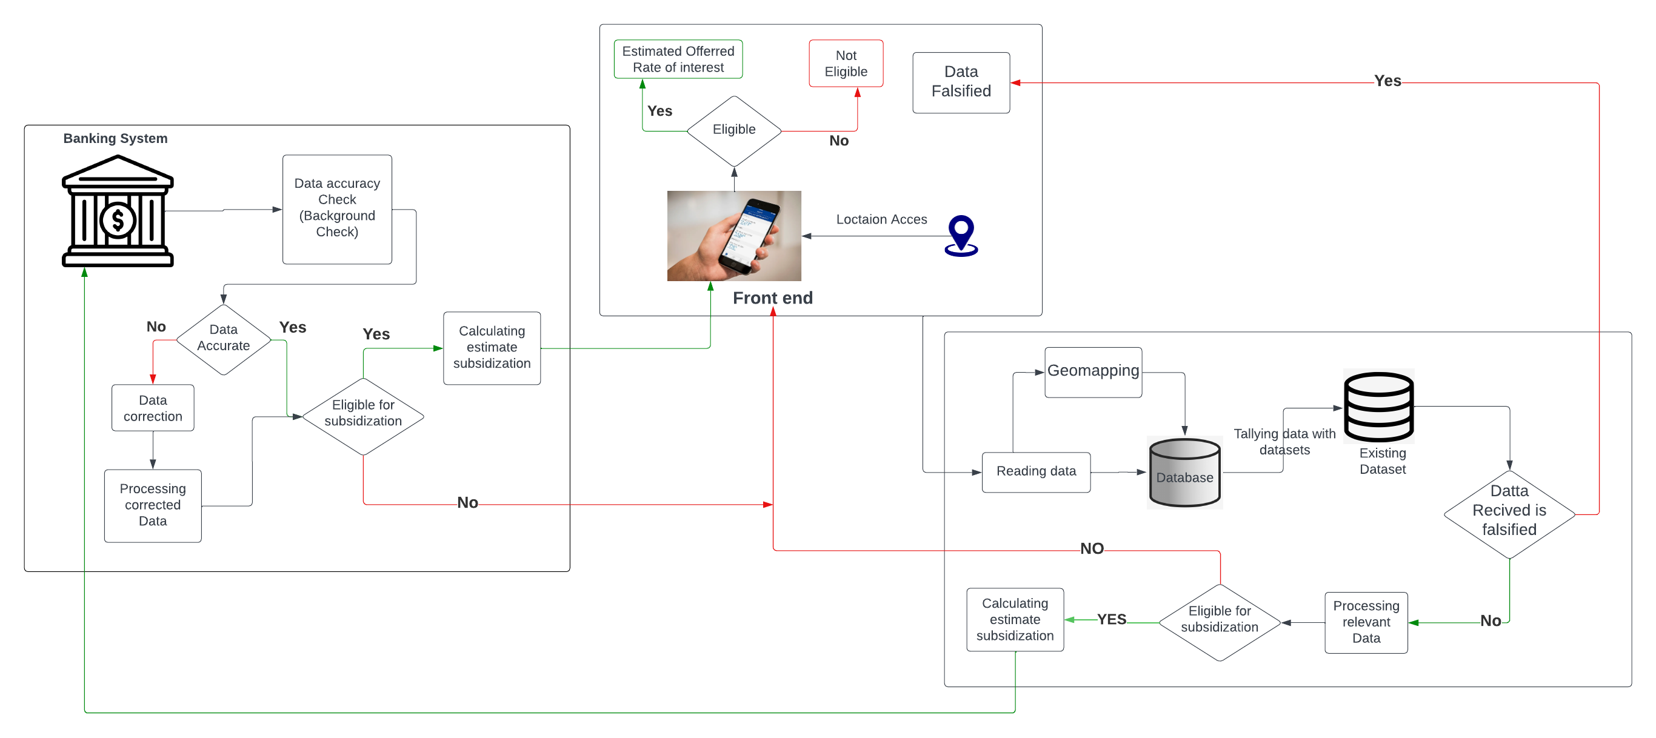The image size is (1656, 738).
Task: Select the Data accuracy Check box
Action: [337, 209]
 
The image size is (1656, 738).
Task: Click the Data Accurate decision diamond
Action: [223, 339]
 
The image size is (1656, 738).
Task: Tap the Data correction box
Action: [152, 408]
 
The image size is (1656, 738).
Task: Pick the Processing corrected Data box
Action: [152, 505]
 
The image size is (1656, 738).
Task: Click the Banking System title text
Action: [115, 138]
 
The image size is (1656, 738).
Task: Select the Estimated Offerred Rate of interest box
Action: [678, 59]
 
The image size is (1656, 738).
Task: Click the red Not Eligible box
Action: [846, 64]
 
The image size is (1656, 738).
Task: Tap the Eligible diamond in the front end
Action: [733, 130]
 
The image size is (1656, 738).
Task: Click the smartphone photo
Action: [733, 235]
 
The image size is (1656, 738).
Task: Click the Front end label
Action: [772, 298]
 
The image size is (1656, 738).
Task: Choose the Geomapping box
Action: [1092, 372]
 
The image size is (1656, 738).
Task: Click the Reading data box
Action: [1036, 472]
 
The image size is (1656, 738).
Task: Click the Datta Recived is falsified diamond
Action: [1508, 513]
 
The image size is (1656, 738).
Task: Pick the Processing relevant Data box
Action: [1366, 622]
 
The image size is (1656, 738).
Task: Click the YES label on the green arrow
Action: [1111, 619]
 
